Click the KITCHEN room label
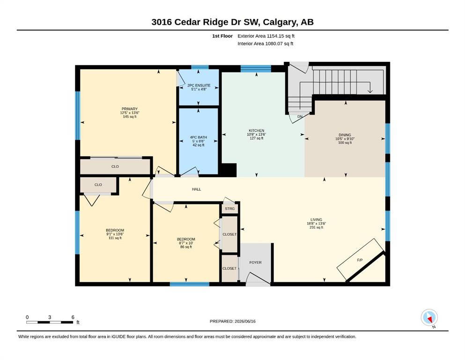tap(257, 131)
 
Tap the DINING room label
tap(345, 135)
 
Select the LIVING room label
tap(316, 220)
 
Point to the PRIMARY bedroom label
tap(130, 109)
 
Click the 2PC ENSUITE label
tap(199, 85)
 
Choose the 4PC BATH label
tap(199, 137)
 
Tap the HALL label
tap(196, 189)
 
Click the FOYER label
tap(255, 262)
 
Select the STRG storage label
tap(229, 209)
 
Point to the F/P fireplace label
tap(360, 260)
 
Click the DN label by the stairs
tap(300, 117)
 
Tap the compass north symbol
tap(429, 317)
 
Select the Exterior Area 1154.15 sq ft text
tap(266, 36)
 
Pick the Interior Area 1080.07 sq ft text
tap(266, 44)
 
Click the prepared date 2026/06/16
tap(245, 321)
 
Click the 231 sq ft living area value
tap(316, 227)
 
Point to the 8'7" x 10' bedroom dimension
tap(186, 243)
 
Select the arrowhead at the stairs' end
tap(370, 91)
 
